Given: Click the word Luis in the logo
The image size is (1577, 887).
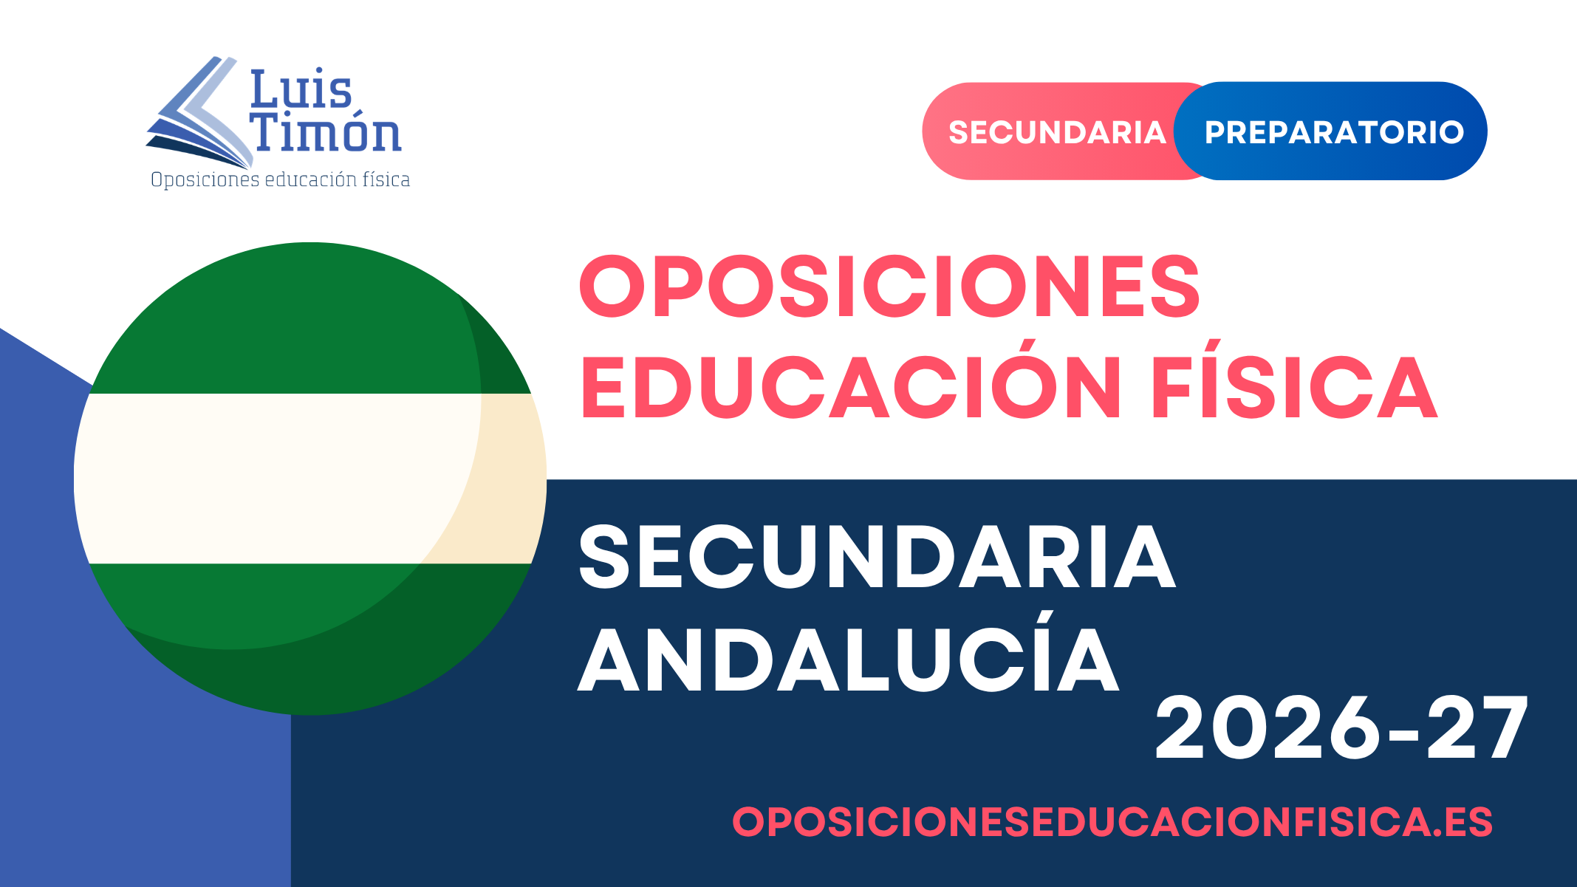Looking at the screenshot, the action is (301, 90).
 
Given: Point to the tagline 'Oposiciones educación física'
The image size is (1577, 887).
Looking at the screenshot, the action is (280, 179).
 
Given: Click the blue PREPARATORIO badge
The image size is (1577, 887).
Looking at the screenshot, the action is (1330, 131).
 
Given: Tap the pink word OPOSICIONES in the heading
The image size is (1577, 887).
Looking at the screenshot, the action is (890, 287).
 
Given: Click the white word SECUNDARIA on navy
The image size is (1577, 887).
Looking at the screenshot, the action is (877, 558).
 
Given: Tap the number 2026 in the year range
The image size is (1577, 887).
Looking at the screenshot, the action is (1267, 727).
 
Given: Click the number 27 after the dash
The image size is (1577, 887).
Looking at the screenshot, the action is (1477, 727).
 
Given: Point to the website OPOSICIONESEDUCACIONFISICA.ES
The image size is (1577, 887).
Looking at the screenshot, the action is (1112, 821).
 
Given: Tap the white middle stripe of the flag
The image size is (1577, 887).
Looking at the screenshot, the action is (310, 479).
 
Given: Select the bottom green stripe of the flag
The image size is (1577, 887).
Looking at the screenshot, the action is (310, 639).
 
